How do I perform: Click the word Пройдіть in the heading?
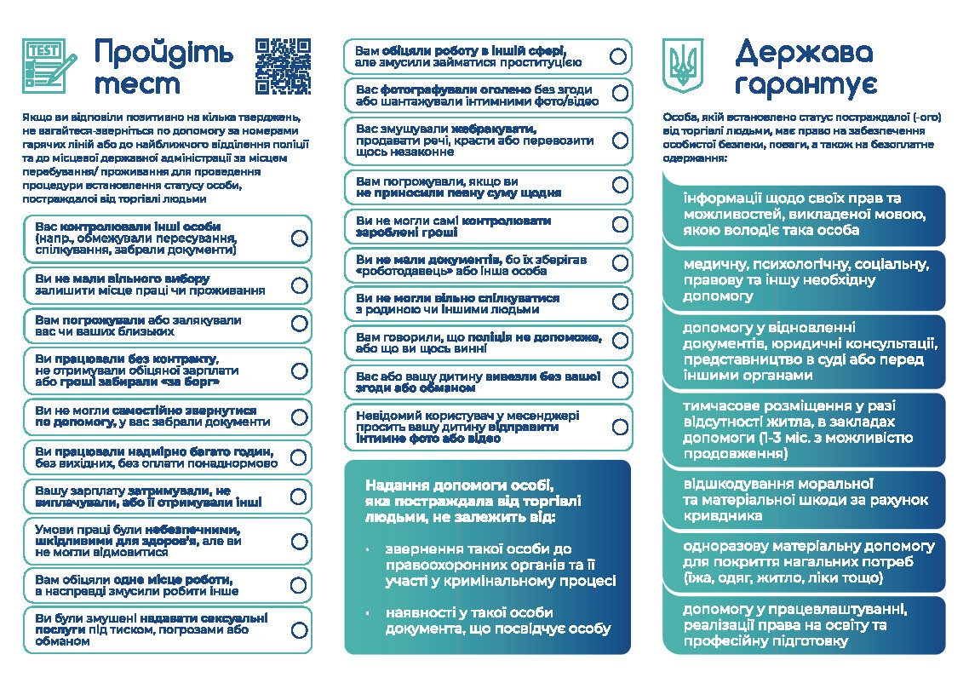163,53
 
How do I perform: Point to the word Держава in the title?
804,54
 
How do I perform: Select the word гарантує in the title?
807,85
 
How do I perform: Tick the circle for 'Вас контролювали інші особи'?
299,238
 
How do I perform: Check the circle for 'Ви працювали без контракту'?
299,370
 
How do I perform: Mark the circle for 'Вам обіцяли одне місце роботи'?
299,585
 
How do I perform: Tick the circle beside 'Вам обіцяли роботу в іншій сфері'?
619,56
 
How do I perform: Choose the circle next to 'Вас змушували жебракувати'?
619,141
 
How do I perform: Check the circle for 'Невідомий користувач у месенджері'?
619,427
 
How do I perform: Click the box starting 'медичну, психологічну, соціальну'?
804,280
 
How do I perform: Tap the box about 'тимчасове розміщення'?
804,430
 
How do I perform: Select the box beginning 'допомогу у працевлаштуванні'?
804,625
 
